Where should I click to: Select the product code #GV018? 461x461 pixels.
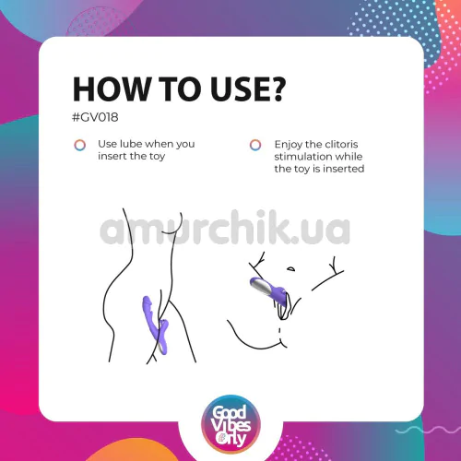(95, 117)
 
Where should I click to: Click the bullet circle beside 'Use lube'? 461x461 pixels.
(80, 145)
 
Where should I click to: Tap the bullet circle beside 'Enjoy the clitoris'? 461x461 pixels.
(255, 145)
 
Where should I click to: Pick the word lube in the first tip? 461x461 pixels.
(131, 144)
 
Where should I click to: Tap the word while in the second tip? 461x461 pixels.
(348, 156)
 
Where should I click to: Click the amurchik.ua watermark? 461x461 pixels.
(225, 227)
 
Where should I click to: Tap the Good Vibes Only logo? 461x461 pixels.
(230, 425)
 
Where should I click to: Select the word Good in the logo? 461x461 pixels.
(230, 412)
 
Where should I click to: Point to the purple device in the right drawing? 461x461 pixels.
(268, 288)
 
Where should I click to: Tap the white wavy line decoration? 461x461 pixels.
(428, 431)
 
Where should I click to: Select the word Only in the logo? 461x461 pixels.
(231, 439)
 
